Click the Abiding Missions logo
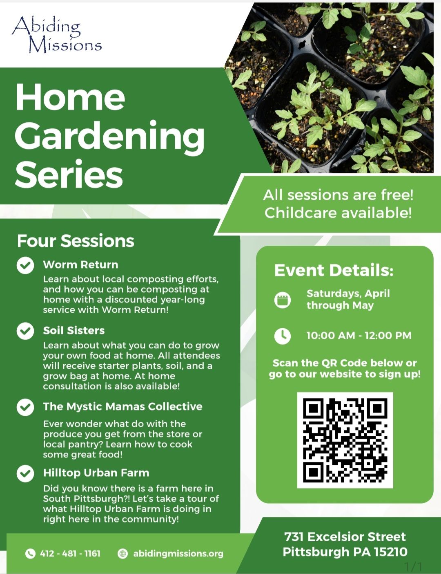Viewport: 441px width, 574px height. (56, 34)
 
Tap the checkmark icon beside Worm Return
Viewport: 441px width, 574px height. (25, 265)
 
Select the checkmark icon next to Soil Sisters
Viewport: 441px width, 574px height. (25, 331)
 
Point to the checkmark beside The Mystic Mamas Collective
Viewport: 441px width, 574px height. (25, 407)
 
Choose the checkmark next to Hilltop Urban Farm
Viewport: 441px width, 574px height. (25, 473)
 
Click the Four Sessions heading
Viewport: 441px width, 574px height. (76, 241)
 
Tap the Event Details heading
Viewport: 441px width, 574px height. (334, 270)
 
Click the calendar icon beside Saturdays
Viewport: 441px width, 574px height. (283, 300)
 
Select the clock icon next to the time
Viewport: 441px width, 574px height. (283, 336)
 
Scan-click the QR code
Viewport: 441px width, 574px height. (345, 440)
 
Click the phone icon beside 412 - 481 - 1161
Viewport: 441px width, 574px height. (30, 553)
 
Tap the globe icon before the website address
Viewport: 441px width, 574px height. (122, 553)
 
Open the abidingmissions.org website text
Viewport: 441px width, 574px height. (178, 554)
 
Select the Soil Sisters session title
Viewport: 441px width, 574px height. (74, 330)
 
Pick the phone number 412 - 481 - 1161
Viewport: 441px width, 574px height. (70, 554)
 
